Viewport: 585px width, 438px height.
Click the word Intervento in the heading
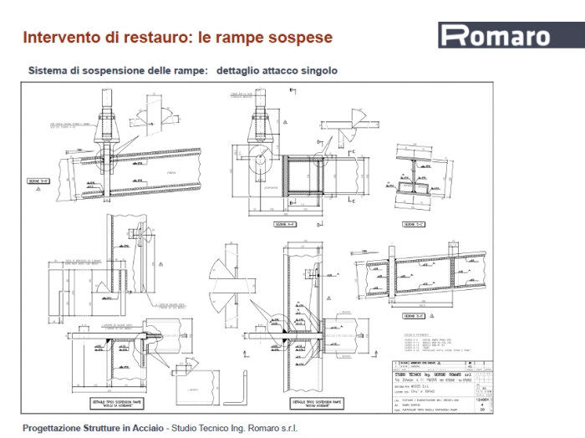58,38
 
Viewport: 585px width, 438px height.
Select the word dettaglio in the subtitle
241,71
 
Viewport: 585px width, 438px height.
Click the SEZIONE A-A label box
39,180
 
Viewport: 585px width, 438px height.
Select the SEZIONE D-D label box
413,316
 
